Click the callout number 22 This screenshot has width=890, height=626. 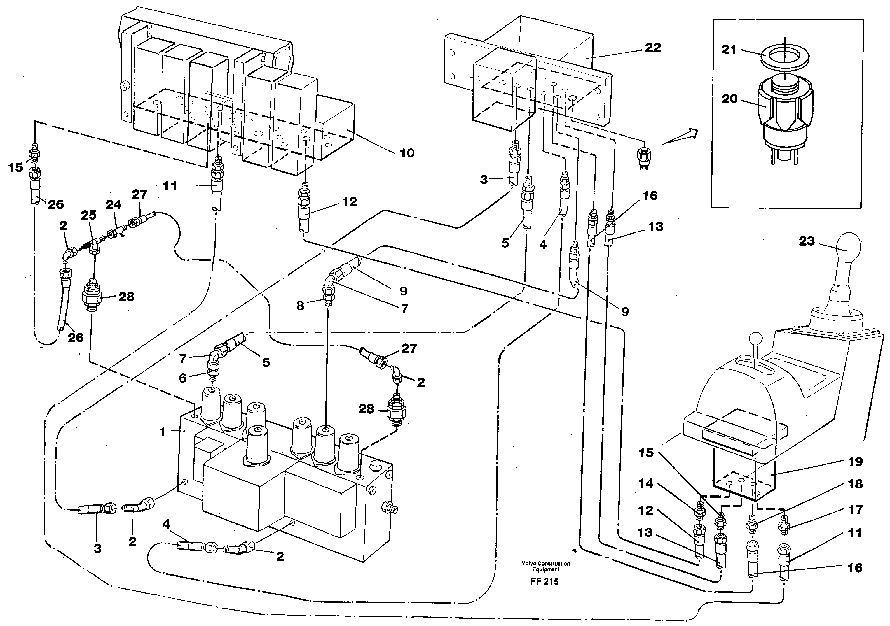pyautogui.click(x=652, y=48)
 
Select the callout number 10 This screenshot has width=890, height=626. pyautogui.click(x=407, y=153)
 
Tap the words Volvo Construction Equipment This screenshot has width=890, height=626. pyautogui.click(x=545, y=566)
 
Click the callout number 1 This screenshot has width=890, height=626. pyautogui.click(x=163, y=431)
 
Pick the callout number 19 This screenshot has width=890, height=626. pyautogui.click(x=856, y=462)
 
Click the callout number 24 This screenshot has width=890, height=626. pyautogui.click(x=114, y=204)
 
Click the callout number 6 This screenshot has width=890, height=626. pyautogui.click(x=182, y=378)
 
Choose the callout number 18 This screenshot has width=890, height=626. pyautogui.click(x=856, y=484)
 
